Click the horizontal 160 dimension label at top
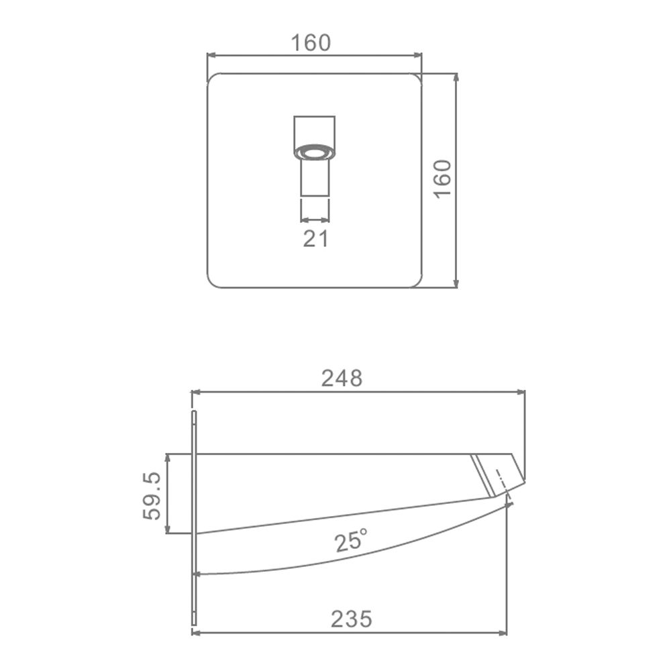pos(311,43)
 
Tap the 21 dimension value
pos(316,238)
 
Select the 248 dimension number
pos(342,378)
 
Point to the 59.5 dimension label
pos(152,496)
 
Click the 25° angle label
pos(351,541)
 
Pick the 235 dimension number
pos(352,619)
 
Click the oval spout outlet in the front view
pos(315,152)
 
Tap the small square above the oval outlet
pos(315,132)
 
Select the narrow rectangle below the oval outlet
pos(315,178)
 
